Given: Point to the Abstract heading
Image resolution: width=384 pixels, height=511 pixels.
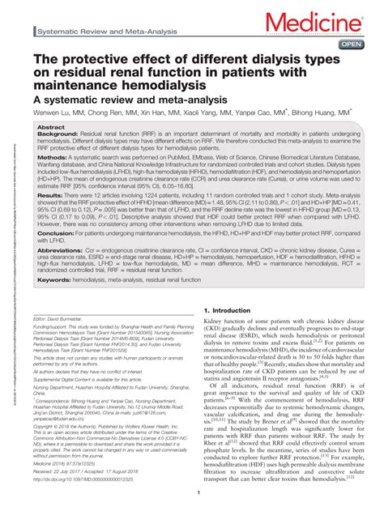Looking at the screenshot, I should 53,128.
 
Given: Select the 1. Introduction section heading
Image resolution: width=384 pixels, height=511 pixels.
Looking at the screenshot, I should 234,310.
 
